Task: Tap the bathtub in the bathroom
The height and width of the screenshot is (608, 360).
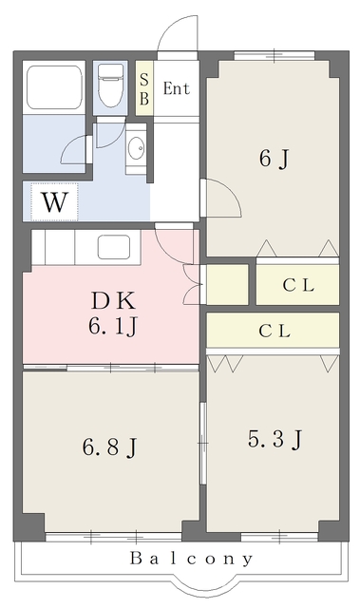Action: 54,87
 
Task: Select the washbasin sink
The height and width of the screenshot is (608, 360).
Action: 136,149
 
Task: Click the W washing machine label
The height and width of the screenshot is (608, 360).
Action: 54,202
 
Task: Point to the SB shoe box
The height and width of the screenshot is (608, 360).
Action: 144,88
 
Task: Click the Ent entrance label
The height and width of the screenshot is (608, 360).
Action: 177,88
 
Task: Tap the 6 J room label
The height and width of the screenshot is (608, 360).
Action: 275,159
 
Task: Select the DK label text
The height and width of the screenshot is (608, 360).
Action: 113,300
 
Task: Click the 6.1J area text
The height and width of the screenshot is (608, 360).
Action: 112,326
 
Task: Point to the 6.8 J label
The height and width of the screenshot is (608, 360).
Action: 109,446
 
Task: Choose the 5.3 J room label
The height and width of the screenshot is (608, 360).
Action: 275,439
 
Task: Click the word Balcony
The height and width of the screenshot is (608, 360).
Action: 192,560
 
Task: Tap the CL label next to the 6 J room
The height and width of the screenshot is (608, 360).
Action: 298,285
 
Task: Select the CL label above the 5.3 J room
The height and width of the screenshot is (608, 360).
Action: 275,332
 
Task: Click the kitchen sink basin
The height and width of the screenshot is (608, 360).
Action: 114,247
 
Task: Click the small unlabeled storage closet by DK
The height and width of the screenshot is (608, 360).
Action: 227,285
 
